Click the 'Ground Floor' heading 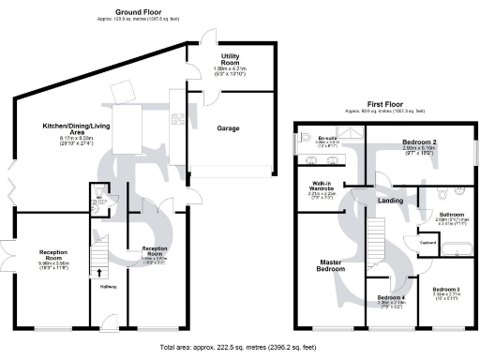(x=135, y=12)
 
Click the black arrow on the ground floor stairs (x=99, y=273)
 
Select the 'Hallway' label (x=108, y=286)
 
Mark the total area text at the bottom (x=239, y=345)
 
